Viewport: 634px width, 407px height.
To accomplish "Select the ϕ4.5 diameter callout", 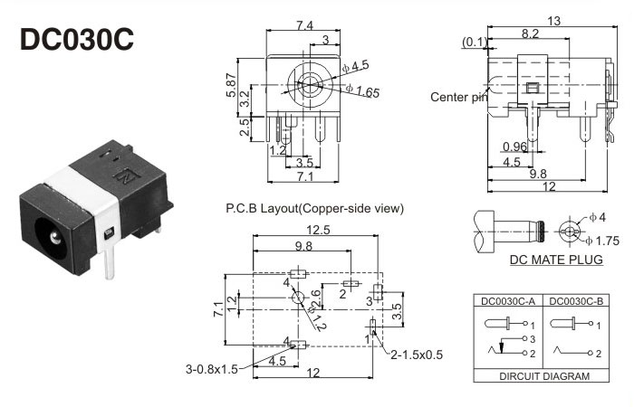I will point(355,65).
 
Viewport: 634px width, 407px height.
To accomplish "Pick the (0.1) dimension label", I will point(472,42).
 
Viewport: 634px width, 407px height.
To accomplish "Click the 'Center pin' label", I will point(458,97).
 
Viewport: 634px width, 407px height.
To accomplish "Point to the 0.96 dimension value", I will point(514,147).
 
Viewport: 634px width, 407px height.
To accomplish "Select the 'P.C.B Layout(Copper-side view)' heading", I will point(314,209).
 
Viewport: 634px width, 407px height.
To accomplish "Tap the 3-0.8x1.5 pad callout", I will point(211,370).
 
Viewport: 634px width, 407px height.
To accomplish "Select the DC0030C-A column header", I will point(510,301).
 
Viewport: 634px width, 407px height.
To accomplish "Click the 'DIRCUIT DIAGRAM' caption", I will point(543,375).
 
